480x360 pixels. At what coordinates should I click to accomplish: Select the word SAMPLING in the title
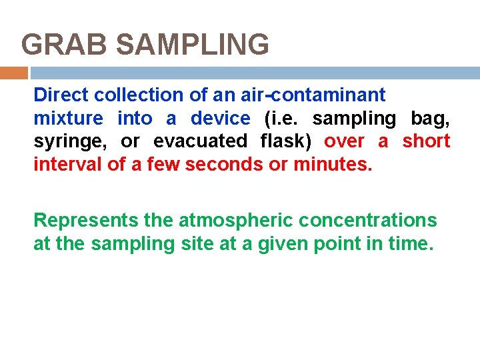pyautogui.click(x=192, y=45)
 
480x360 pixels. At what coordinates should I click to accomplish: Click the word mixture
pyautogui.click(x=68, y=119)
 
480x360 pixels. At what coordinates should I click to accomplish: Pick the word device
pyautogui.click(x=220, y=119)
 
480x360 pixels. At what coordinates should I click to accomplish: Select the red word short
pyautogui.click(x=426, y=142)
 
